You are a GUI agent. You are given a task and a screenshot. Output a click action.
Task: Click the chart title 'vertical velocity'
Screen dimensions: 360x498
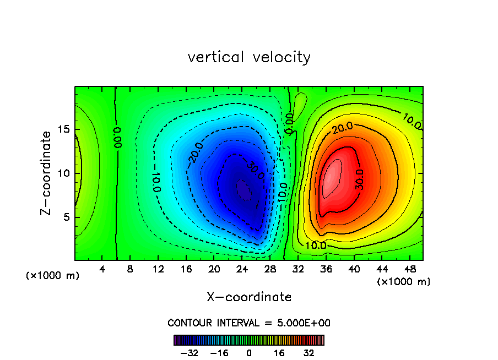click(x=249, y=57)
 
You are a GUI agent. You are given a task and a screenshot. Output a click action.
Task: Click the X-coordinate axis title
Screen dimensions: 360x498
click(x=249, y=297)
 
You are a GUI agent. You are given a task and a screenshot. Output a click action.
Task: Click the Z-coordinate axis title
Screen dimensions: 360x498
click(x=48, y=173)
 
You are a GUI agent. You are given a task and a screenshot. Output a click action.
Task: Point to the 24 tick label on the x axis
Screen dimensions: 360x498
click(x=242, y=269)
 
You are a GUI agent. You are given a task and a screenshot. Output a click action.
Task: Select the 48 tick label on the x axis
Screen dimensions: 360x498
click(x=409, y=269)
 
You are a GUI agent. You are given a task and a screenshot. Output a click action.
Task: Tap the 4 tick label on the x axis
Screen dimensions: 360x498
click(x=102, y=269)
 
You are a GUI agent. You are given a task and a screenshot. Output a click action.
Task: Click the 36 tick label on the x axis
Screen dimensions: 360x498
click(x=326, y=269)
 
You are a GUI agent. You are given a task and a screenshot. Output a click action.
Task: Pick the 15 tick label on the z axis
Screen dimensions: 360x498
click(x=64, y=130)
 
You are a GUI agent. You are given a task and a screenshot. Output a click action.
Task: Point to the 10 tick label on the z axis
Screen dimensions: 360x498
click(x=64, y=173)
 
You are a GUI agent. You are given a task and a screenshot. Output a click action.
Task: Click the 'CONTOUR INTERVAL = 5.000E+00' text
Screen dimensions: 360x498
click(x=249, y=323)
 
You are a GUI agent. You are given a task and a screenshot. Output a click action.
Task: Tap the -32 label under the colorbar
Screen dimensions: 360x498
click(x=190, y=352)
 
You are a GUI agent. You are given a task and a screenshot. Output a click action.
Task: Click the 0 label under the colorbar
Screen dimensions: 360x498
click(x=249, y=352)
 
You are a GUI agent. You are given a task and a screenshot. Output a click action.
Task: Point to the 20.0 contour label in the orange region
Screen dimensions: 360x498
click(x=342, y=128)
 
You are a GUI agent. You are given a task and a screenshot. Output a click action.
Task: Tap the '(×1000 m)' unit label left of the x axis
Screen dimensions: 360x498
click(x=53, y=276)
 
